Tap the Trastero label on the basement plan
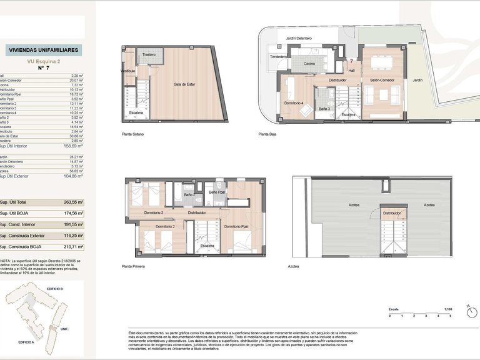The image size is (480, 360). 149,55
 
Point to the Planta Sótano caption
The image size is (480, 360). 134,134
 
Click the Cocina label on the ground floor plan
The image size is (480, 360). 309,64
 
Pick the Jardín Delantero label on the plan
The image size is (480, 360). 299,38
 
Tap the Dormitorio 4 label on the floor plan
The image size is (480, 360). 294,102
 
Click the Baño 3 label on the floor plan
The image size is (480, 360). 324,109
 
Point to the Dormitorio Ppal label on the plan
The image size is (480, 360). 236,226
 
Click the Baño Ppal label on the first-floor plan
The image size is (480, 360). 217,192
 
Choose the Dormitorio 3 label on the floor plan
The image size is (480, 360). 153,212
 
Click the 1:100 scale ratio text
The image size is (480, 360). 447,309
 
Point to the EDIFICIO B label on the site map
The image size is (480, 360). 56,289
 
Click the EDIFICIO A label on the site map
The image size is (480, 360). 26,342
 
